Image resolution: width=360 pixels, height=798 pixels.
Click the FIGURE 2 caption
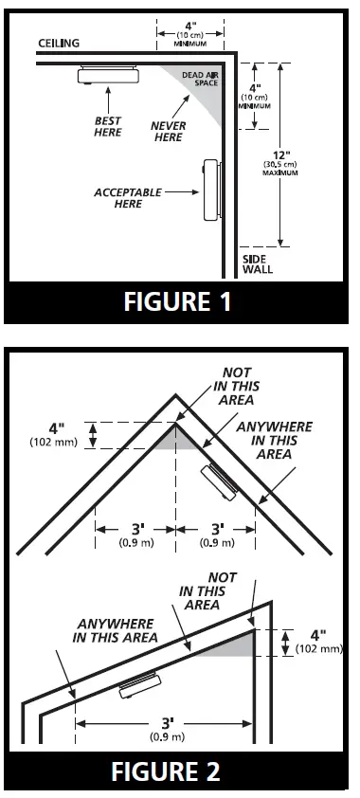(179, 771)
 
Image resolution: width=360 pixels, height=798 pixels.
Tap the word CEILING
(59, 43)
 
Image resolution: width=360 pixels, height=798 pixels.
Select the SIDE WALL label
(258, 263)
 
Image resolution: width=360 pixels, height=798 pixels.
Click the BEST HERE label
(107, 126)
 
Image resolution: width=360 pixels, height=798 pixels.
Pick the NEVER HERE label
(168, 132)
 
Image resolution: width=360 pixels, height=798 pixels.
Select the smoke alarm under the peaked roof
(220, 481)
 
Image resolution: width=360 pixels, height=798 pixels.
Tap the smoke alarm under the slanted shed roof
(139, 684)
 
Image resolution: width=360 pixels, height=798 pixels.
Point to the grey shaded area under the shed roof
(233, 644)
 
